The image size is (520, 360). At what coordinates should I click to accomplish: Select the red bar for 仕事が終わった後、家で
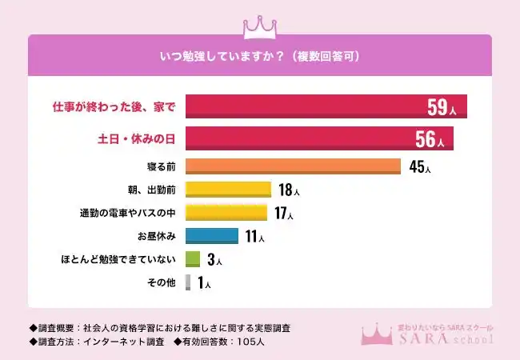click(x=304, y=107)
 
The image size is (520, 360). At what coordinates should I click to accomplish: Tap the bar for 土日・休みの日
click(x=296, y=138)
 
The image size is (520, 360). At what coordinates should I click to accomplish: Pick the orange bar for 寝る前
click(x=293, y=166)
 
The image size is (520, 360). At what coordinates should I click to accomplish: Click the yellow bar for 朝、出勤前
click(x=229, y=190)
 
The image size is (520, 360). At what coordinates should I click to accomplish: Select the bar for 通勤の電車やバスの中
click(x=226, y=213)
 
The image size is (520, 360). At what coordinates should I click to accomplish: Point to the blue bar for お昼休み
click(x=212, y=236)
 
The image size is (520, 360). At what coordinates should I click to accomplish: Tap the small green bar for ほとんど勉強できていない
click(x=192, y=259)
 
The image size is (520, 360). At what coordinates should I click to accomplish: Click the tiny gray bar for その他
click(x=188, y=282)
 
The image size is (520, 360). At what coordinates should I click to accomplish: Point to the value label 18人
click(x=289, y=190)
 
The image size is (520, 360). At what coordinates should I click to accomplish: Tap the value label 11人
click(x=254, y=237)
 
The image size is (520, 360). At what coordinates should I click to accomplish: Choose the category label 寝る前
click(x=158, y=166)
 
